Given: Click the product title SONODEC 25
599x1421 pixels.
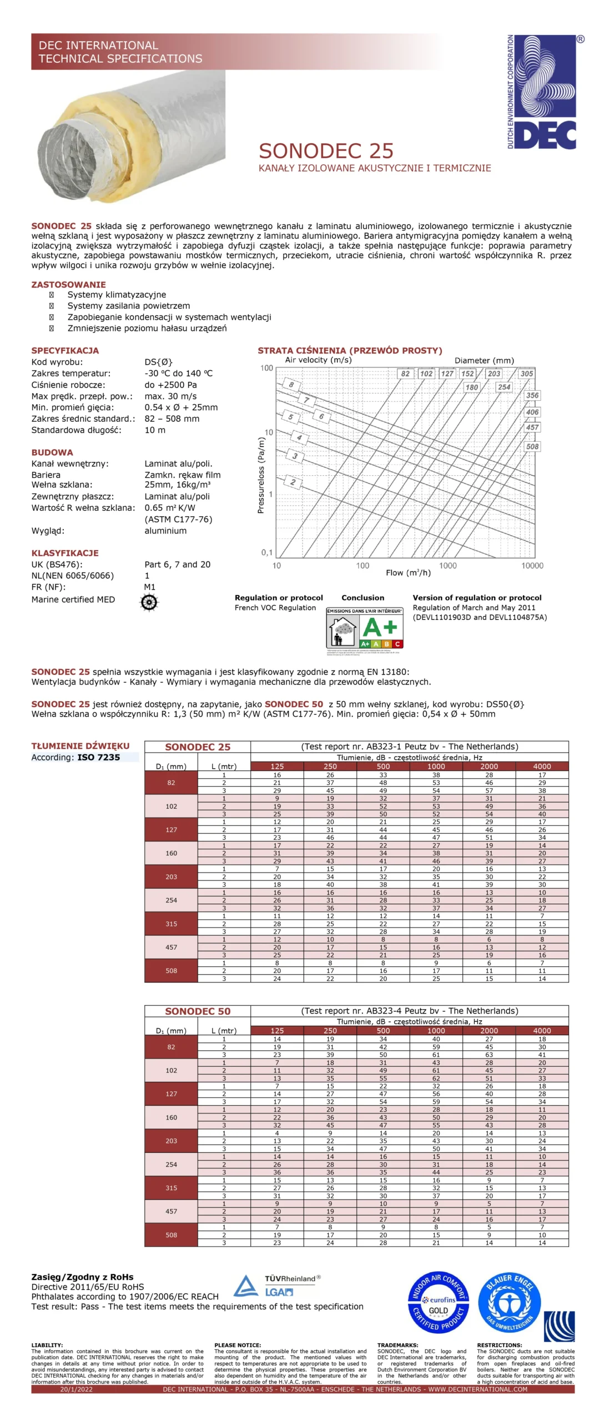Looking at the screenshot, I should (326, 151).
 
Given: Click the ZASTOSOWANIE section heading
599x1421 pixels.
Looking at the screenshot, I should (68, 284).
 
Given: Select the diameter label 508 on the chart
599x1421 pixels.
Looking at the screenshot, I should (532, 446).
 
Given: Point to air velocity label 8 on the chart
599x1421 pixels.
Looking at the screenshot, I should (291, 384).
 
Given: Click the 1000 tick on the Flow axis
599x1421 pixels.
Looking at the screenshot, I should (447, 566).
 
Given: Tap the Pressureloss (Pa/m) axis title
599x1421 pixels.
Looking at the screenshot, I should (260, 475).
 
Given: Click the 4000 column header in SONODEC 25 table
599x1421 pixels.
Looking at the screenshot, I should (541, 766).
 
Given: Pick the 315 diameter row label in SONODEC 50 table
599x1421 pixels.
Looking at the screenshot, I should (171, 1188).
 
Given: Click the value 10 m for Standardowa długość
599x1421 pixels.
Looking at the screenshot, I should (155, 430).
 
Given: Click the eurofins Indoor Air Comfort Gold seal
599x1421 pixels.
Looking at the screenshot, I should (439, 1302).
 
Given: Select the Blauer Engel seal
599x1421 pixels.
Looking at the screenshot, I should (509, 1302).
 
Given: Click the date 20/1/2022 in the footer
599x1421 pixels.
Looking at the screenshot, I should (77, 1389).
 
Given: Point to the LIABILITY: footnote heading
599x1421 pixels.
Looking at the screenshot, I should (47, 1345).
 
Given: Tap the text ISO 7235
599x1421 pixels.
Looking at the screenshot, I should (98, 757).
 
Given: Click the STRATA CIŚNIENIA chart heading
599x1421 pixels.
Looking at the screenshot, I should (350, 350).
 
